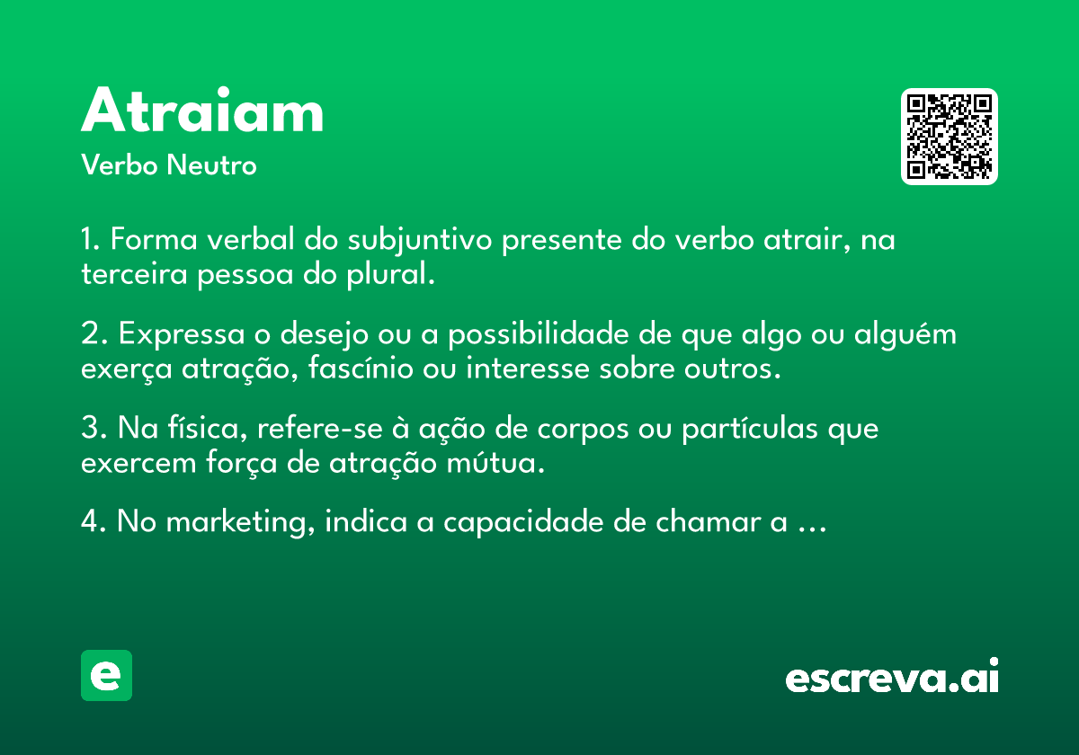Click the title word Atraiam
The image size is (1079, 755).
pyautogui.click(x=201, y=110)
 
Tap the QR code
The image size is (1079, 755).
pyautogui.click(x=949, y=137)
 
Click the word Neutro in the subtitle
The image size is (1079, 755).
pyautogui.click(x=211, y=165)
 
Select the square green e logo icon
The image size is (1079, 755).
pyautogui.click(x=106, y=675)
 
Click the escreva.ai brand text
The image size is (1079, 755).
pyautogui.click(x=892, y=676)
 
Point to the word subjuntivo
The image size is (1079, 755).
pyautogui.click(x=420, y=241)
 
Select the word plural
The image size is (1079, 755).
pyautogui.click(x=390, y=274)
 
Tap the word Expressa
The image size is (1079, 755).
pyautogui.click(x=182, y=335)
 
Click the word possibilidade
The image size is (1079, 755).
pyautogui.click(x=539, y=334)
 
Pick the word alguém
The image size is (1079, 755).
pyautogui.click(x=905, y=334)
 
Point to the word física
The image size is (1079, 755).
pyautogui.click(x=207, y=428)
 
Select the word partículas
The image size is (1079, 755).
pyautogui.click(x=750, y=429)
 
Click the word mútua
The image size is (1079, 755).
pyautogui.click(x=495, y=462)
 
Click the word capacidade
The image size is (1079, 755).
pyautogui.click(x=523, y=522)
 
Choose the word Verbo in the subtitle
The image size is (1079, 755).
pyautogui.click(x=120, y=165)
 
